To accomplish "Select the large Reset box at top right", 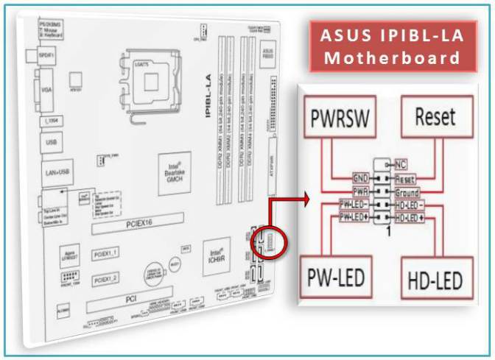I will [x=435, y=117].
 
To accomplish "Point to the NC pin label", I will [x=401, y=164].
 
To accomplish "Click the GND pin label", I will [x=340, y=178].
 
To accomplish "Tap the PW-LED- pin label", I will [x=351, y=204].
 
